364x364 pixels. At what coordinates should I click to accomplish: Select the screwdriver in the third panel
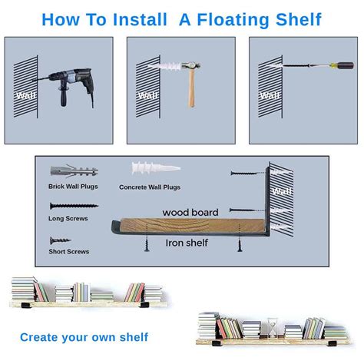(x=314, y=77)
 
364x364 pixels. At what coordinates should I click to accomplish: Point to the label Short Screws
(x=68, y=251)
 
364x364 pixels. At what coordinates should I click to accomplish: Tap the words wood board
(x=190, y=211)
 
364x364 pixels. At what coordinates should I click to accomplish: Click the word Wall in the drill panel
(x=24, y=95)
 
